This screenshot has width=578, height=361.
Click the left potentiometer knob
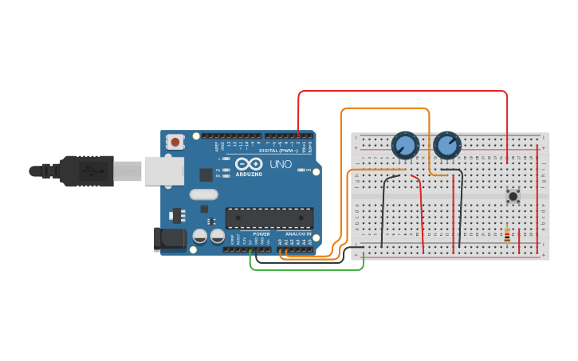(405, 146)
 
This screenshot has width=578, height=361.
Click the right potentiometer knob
(447, 146)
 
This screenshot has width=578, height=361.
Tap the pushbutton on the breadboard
(513, 195)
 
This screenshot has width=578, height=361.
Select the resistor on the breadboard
(507, 234)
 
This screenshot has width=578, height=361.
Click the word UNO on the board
(281, 164)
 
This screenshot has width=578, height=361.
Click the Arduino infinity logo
(248, 164)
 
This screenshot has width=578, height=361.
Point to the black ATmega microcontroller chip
(269, 218)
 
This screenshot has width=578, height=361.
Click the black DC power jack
(170, 238)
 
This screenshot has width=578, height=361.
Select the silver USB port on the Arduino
(163, 171)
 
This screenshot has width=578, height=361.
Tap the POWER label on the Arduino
(261, 233)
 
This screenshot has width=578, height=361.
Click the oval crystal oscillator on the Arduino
(203, 194)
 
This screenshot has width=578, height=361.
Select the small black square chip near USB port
(206, 175)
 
